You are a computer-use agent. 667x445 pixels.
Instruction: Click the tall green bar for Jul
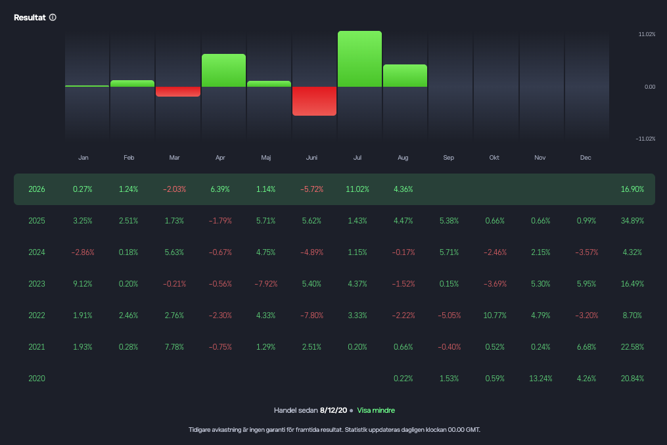tap(359, 59)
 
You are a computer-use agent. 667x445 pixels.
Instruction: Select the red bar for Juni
tap(314, 101)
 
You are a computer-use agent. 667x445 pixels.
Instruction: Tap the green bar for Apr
tap(223, 70)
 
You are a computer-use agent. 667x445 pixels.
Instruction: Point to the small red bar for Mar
tap(178, 91)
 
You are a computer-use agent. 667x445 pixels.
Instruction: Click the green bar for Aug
tap(405, 76)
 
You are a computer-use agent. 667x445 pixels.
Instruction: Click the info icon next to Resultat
tap(53, 18)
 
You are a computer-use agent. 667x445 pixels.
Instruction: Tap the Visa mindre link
tap(376, 411)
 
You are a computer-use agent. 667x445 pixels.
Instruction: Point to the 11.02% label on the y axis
tap(647, 34)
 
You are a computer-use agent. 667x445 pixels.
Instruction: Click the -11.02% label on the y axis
tap(645, 139)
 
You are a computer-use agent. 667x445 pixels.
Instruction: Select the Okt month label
tap(494, 158)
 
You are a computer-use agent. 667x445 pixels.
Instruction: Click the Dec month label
tap(586, 158)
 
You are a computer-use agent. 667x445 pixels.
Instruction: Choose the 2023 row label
tap(37, 284)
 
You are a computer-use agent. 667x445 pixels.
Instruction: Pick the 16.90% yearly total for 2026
tap(632, 189)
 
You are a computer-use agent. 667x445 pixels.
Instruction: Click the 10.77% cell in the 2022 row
tap(495, 316)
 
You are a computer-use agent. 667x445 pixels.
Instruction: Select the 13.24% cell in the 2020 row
tap(541, 379)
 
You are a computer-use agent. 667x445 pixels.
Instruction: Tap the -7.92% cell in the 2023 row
tap(266, 284)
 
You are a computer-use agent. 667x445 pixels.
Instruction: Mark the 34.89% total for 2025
tap(632, 221)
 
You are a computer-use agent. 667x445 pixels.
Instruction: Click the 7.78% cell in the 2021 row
tap(174, 347)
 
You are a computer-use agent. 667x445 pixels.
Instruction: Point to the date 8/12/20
tap(334, 411)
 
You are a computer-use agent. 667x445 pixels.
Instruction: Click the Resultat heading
tap(30, 18)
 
